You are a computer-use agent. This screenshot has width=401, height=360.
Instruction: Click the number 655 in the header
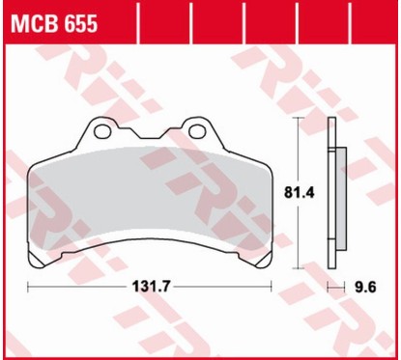[78, 25]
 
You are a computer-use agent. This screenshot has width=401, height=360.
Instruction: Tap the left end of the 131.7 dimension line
[29, 287]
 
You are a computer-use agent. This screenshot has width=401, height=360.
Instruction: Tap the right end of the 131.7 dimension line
[273, 287]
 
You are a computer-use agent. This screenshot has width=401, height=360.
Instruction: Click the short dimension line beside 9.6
[334, 287]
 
